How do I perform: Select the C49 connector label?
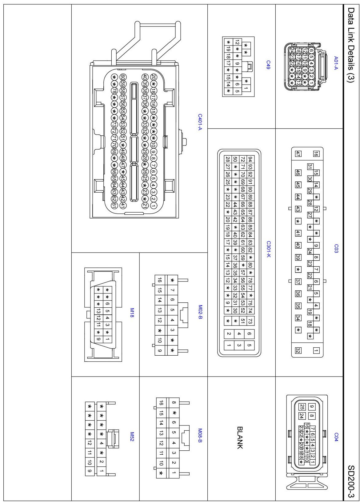[x=268, y=65]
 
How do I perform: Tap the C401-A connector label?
[x=200, y=122]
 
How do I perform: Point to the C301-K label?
[x=268, y=249]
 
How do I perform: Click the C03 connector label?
[x=336, y=249]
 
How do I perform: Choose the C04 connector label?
[x=336, y=437]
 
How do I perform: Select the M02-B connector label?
[x=200, y=312]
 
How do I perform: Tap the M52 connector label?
[x=132, y=437]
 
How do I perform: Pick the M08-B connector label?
[x=200, y=436]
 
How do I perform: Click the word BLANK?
[x=240, y=437]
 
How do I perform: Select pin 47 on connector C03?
[x=298, y=154]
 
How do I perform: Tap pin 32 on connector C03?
[x=298, y=350]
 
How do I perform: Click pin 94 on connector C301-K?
[x=250, y=159]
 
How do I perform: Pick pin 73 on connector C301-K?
[x=250, y=321]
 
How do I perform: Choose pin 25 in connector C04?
[x=302, y=407]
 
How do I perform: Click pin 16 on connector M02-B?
[x=160, y=280]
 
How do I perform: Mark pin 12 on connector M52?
[x=90, y=443]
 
